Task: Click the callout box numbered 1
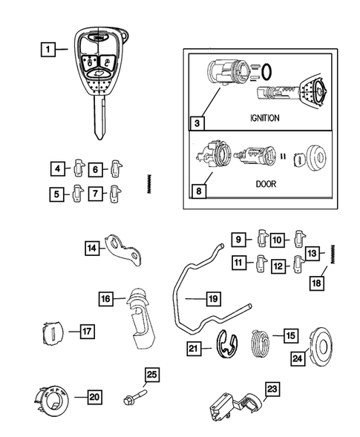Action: tap(48, 50)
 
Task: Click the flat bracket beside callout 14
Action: tap(123, 249)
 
